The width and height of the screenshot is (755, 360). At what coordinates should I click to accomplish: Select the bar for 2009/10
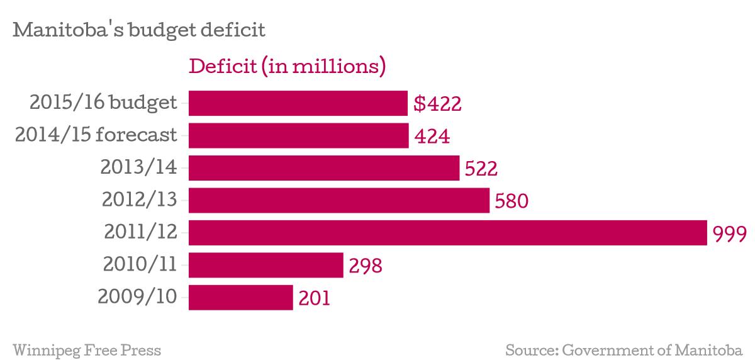coord(240,298)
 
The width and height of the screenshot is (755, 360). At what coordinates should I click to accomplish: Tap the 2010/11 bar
coord(266,266)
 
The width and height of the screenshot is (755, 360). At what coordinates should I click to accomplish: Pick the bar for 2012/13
coord(338,201)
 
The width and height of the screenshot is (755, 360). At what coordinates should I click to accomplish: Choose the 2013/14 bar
coord(323,168)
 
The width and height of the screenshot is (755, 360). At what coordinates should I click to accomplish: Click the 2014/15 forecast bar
coord(298,136)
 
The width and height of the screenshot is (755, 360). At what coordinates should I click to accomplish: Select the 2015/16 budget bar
coord(298,103)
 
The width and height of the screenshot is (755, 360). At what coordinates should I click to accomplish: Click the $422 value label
coord(438,104)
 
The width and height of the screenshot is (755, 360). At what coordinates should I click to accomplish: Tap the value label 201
coord(314,298)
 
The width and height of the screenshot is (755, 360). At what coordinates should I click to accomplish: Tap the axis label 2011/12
coord(140,233)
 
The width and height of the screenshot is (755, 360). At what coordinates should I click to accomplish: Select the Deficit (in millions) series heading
coord(287,65)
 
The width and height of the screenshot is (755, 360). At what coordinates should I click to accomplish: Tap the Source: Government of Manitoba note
coord(624,350)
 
